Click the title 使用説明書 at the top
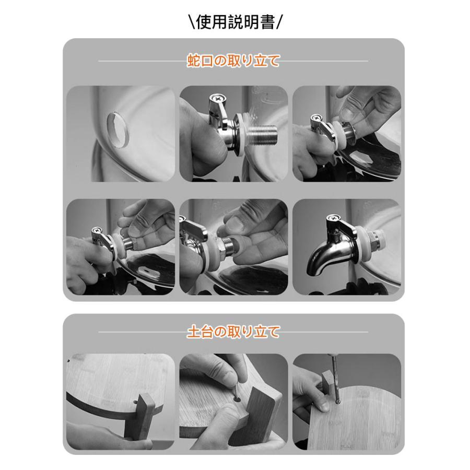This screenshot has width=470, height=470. point(235,22)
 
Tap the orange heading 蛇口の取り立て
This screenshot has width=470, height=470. point(233,61)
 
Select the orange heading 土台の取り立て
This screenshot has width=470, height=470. point(233,332)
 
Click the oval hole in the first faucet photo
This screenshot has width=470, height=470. point(118,130)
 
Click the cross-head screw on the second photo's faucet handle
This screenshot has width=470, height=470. point(216,98)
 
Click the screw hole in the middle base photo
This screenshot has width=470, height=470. point(237,400)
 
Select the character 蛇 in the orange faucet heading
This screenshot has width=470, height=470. point(194,61)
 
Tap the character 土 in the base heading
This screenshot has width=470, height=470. point(194,332)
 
